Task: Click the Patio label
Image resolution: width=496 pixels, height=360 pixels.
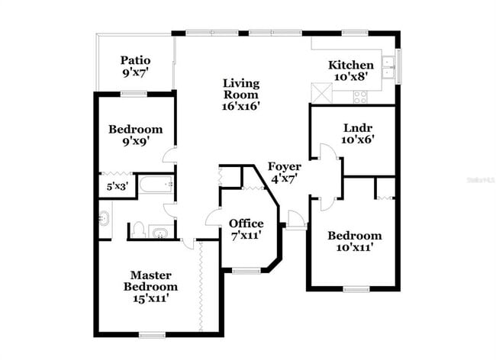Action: click(x=134, y=60)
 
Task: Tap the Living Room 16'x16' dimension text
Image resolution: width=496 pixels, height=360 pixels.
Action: click(x=241, y=107)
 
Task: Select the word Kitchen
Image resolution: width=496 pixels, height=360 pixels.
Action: click(x=350, y=65)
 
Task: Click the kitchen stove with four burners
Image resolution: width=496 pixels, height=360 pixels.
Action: click(x=360, y=96)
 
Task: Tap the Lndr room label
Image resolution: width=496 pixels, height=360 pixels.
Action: click(x=352, y=127)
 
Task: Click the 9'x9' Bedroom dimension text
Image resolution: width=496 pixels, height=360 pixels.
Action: click(x=134, y=140)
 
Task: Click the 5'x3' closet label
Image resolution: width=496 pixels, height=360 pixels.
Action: click(x=117, y=186)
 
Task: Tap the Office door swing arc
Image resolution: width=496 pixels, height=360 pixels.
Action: click(x=213, y=217)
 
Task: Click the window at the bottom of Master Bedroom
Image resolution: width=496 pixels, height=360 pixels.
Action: click(x=152, y=334)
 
